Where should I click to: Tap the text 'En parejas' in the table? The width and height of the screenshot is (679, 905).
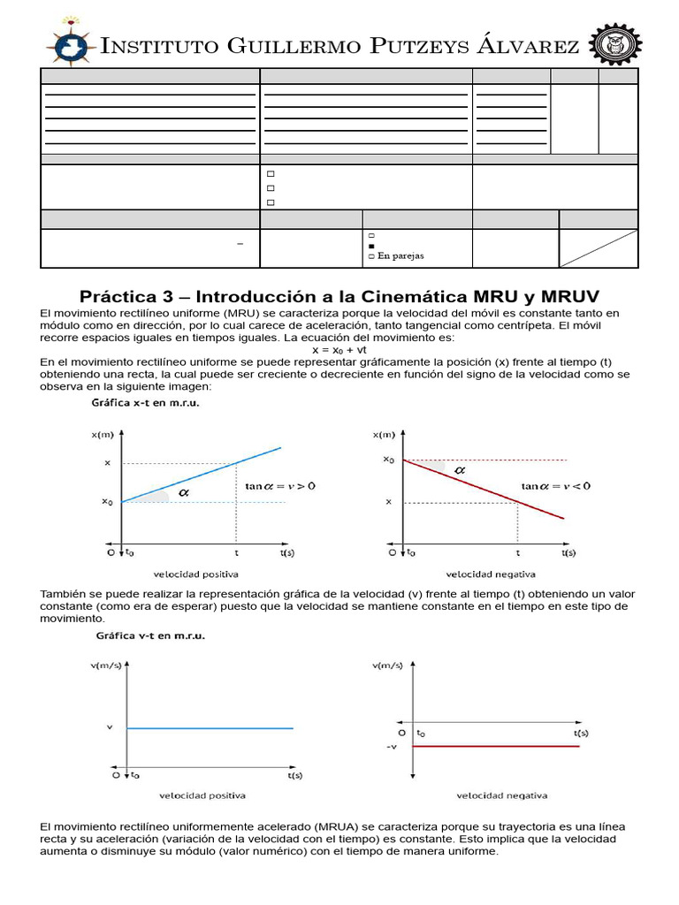pos(401,256)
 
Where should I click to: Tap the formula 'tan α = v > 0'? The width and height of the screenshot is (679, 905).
pos(279,486)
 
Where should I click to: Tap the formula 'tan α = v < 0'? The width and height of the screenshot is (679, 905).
pos(555,485)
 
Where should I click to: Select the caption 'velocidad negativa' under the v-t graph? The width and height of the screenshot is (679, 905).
pos(501,795)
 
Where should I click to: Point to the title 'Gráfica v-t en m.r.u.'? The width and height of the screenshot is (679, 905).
pos(149,636)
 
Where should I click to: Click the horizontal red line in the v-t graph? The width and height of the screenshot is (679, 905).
pos(495,747)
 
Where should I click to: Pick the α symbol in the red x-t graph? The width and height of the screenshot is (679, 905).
pos(459,471)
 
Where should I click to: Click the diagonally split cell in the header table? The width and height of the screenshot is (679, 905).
pos(599,248)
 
